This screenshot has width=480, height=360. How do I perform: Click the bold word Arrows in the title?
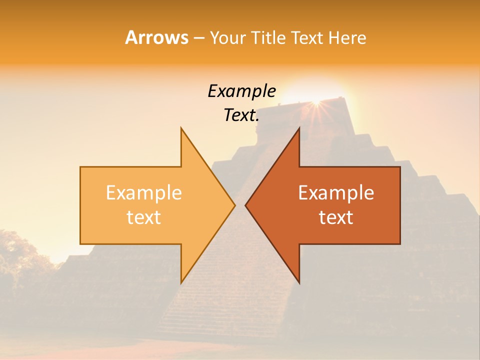pos(156,37)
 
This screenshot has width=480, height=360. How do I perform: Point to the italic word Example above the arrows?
pos(241,91)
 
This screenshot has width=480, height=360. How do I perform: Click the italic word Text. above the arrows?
pos(241,115)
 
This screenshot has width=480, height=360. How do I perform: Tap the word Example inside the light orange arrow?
pos(143,193)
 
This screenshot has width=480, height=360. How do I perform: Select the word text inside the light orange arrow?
pos(143,217)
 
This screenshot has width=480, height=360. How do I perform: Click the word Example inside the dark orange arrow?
pos(336,193)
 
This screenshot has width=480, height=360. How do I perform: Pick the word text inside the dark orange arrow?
pos(336,217)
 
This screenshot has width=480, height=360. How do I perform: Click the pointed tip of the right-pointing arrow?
pos(234,205)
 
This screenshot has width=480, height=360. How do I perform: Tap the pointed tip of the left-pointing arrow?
pos(245,205)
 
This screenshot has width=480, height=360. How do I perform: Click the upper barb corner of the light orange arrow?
pos(181,128)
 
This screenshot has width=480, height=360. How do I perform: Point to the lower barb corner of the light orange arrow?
pos(181,282)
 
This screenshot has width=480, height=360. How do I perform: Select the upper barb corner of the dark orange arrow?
pos(299,128)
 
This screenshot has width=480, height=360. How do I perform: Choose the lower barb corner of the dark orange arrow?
pos(299,282)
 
